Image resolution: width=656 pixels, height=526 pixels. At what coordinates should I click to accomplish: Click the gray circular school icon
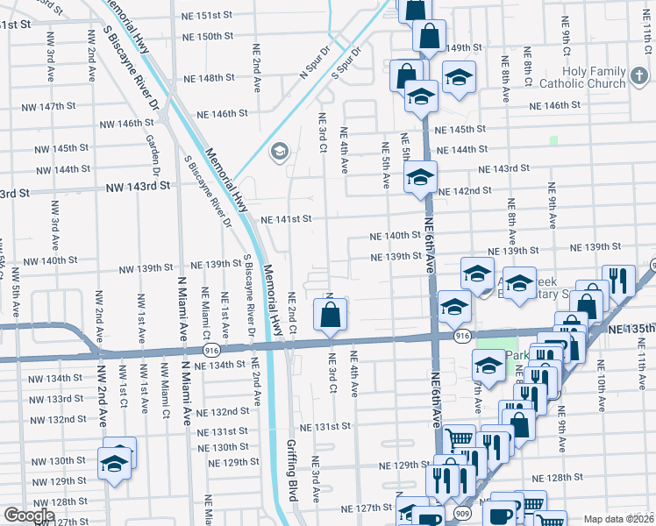[280, 152]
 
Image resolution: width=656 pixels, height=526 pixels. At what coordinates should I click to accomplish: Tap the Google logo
[29, 515]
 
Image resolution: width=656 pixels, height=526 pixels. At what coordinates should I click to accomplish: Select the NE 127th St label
[367, 508]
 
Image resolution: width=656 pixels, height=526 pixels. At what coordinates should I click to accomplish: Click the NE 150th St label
[209, 37]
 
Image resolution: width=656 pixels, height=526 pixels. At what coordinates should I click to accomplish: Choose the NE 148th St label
[210, 77]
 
